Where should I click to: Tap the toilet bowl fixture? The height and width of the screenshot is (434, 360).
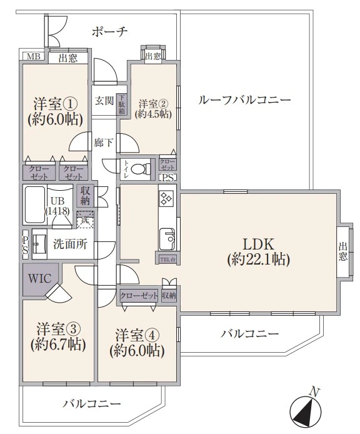[140, 169]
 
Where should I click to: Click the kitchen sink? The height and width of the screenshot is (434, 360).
[167, 239]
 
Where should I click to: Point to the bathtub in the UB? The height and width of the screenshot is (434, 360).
[34, 204]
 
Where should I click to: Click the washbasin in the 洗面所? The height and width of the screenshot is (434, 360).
[39, 244]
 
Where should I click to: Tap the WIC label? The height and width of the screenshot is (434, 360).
[40, 278]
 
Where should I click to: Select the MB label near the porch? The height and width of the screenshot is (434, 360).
[34, 56]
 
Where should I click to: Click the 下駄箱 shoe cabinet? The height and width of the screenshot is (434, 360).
[122, 104]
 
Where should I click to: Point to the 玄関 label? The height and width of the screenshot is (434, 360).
[104, 101]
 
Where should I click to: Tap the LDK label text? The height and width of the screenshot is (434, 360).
[259, 244]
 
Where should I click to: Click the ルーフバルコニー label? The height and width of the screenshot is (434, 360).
[244, 100]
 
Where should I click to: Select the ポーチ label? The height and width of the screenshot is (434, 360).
[110, 32]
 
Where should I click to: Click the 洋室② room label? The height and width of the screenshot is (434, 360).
[153, 104]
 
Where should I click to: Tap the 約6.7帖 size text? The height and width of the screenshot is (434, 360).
[58, 345]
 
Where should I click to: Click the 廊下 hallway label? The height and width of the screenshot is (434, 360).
[104, 143]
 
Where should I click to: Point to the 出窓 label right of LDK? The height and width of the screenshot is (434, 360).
[342, 251]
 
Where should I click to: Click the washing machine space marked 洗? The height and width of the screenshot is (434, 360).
[85, 220]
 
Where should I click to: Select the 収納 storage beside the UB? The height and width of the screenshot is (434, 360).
[85, 196]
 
